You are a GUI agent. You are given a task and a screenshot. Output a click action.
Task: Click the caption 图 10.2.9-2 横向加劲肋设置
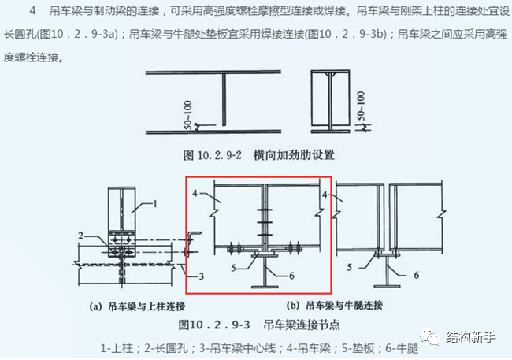coord(259,154)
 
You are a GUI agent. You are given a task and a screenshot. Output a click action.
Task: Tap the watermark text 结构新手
coord(470,337)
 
